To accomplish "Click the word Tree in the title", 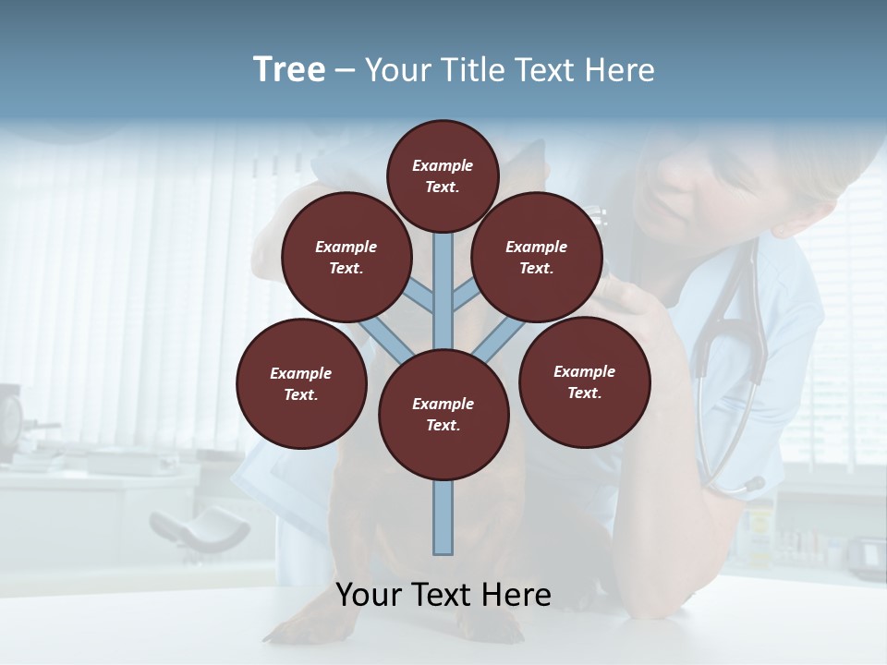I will click(289, 70).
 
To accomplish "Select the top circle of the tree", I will click(443, 175).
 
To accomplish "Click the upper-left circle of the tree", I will click(346, 258).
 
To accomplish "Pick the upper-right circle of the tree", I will click(537, 258).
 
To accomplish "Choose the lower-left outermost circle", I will click(301, 384).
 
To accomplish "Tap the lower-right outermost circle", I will click(585, 382).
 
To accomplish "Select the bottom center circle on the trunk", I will click(443, 415).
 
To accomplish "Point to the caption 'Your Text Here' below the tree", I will click(443, 595).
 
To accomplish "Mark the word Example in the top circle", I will click(443, 165).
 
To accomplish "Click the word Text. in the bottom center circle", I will click(443, 426).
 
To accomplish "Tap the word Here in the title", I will click(620, 70).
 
